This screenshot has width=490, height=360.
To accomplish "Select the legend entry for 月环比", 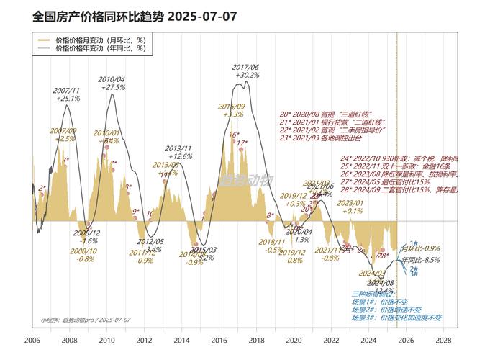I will click(x=101, y=40).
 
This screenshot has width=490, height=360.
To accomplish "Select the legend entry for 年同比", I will click(x=101, y=50).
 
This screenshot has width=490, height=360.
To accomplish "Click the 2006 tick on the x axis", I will click(x=32, y=341).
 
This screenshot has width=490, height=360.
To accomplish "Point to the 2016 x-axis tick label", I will click(x=219, y=341).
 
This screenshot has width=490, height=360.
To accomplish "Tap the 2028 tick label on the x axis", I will click(x=443, y=341).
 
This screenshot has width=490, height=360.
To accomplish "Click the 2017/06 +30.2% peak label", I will click(x=246, y=71).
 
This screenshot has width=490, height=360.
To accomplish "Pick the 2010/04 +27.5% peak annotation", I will click(x=112, y=83).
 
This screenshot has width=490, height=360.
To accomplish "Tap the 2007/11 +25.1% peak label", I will click(x=67, y=94).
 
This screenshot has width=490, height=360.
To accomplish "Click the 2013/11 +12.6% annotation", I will click(x=181, y=152).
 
